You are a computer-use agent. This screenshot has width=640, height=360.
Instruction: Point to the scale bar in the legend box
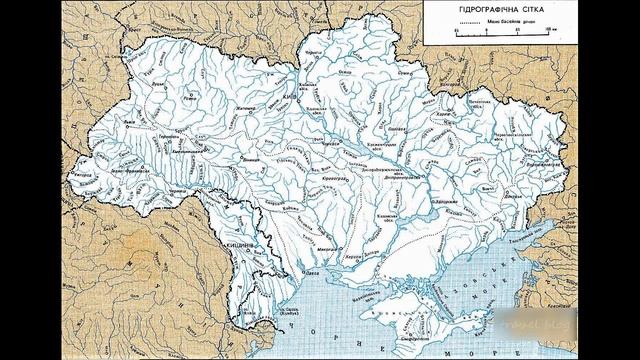tap(503, 32)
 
